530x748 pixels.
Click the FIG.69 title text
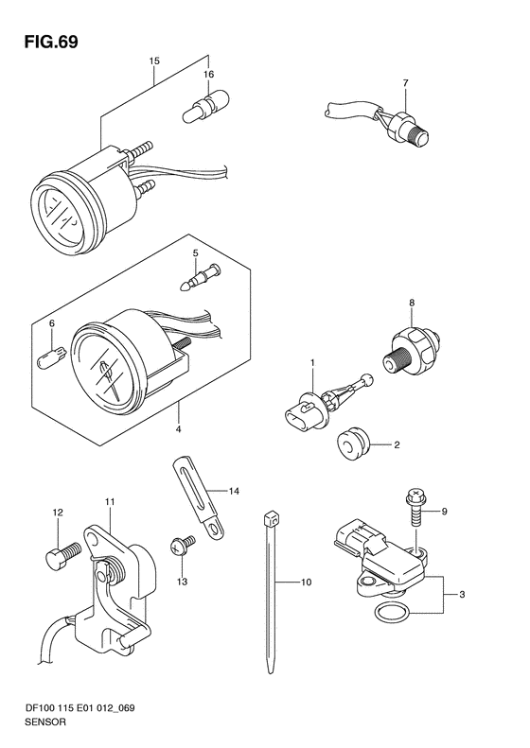pyautogui.click(x=50, y=42)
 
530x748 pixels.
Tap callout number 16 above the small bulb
pyautogui.click(x=208, y=74)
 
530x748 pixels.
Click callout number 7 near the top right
pyautogui.click(x=405, y=83)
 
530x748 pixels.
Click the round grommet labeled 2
pyautogui.click(x=352, y=444)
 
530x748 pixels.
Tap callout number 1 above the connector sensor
pyautogui.click(x=312, y=363)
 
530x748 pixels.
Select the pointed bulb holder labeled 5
pyautogui.click(x=201, y=278)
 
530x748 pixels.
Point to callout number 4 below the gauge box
pyautogui.click(x=178, y=429)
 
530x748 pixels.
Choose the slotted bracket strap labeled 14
pyautogui.click(x=198, y=499)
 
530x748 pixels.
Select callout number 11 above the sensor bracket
pyautogui.click(x=110, y=502)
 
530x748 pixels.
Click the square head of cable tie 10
pyautogui.click(x=271, y=518)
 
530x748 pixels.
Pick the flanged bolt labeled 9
pyautogui.click(x=415, y=509)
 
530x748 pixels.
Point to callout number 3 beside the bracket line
pyautogui.click(x=462, y=595)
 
